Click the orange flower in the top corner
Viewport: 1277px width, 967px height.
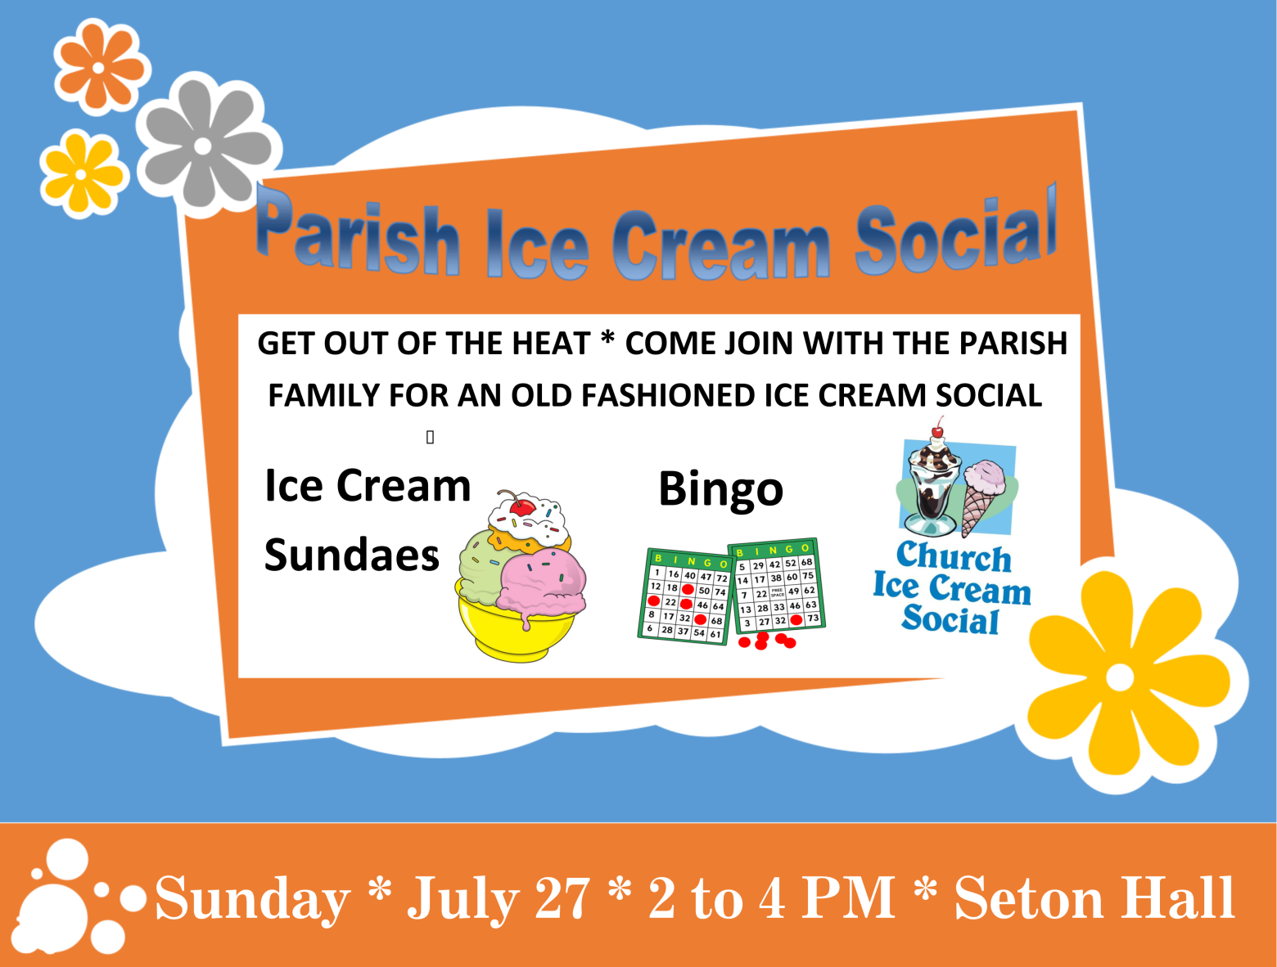point(99,67)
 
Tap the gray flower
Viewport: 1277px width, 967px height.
point(203,146)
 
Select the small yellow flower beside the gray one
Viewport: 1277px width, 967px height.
point(81,174)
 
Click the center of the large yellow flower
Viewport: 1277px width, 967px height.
point(1119,677)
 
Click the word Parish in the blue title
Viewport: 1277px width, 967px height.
point(357,232)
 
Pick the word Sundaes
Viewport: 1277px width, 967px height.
point(351,555)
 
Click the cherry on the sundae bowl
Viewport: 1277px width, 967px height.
point(522,506)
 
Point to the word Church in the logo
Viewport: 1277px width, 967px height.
point(954,557)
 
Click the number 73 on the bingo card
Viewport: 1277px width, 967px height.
point(814,618)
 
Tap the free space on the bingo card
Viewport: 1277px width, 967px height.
point(778,592)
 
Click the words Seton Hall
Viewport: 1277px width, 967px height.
point(1094,897)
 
